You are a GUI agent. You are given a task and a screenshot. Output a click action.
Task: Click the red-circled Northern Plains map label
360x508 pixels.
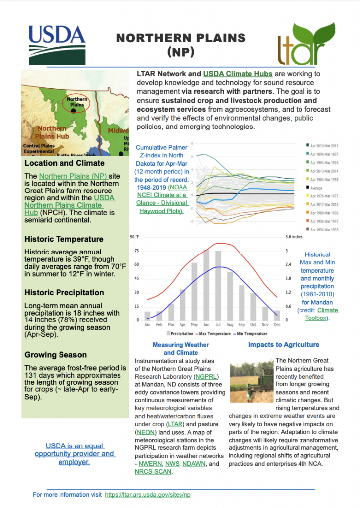(x=76, y=102)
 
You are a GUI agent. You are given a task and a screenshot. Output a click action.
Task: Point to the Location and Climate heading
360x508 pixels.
(x=64, y=163)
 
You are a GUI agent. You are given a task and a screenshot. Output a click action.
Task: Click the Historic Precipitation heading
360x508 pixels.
(x=64, y=292)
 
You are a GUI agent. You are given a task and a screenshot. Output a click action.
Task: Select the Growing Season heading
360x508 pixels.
(x=56, y=355)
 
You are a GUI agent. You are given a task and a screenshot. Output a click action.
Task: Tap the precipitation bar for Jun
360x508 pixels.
(x=206, y=284)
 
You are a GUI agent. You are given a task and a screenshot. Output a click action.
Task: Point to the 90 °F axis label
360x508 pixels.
(x=135, y=236)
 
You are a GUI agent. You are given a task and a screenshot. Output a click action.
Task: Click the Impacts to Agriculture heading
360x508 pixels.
(x=284, y=344)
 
